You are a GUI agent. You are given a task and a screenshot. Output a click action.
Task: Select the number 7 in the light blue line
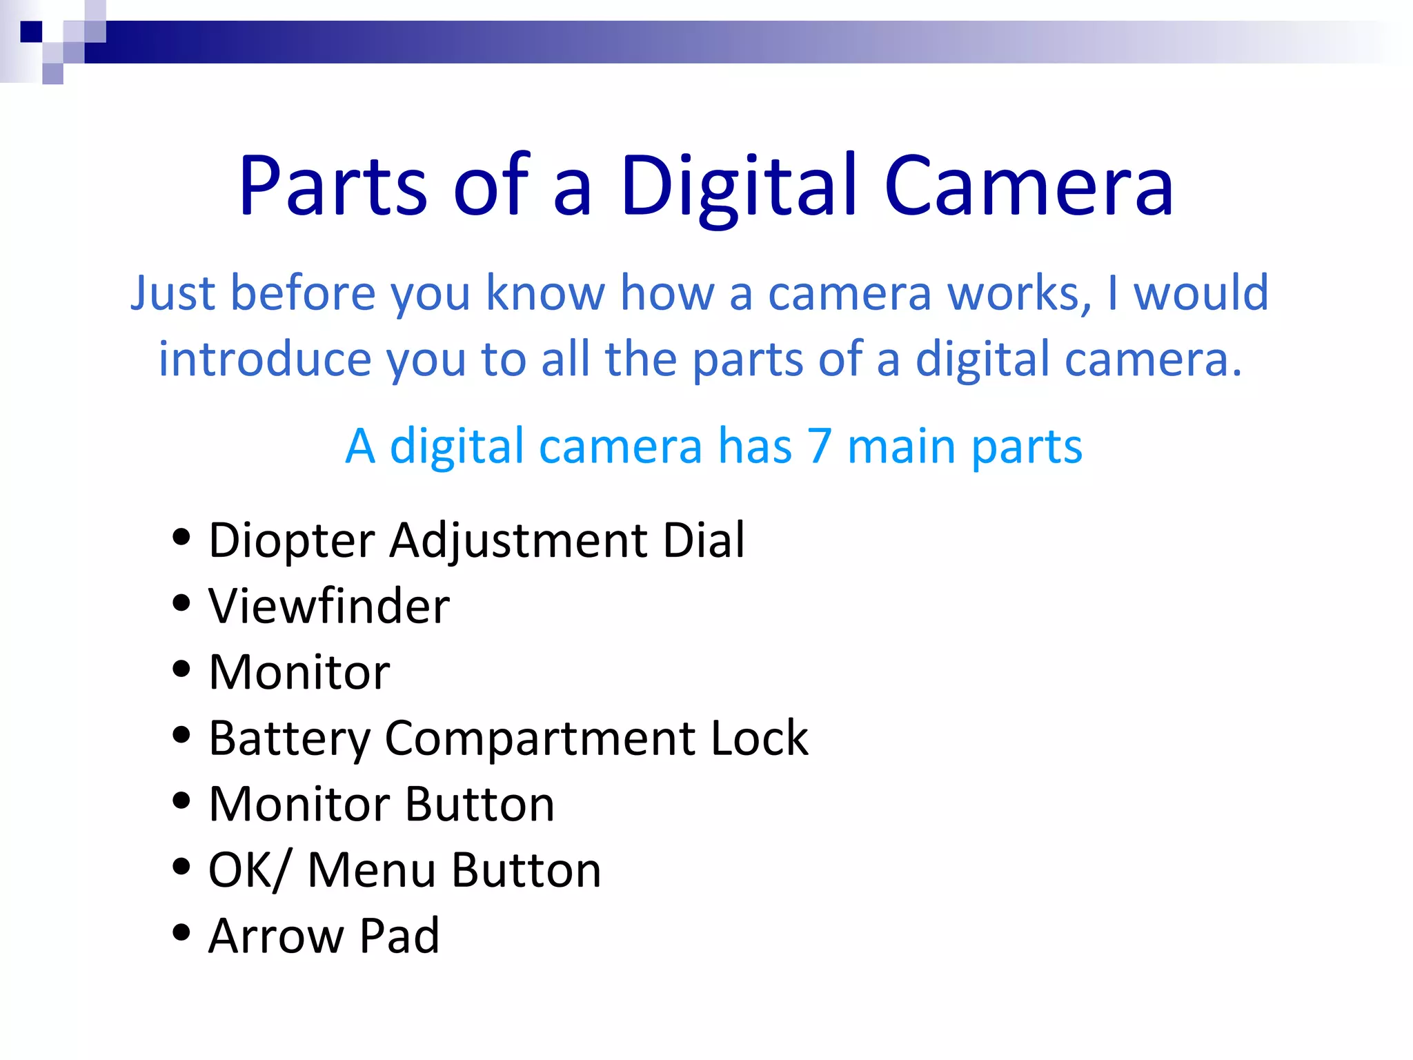[819, 446]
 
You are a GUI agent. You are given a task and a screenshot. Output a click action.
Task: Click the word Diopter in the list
[291, 540]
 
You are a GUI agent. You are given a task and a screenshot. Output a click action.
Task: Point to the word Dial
[703, 540]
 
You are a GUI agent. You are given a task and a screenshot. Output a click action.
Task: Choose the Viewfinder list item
[329, 606]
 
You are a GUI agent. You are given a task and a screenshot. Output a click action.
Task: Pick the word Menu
[371, 870]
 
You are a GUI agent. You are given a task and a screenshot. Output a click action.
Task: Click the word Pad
[399, 936]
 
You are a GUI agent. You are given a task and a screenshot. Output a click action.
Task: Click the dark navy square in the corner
[31, 32]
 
